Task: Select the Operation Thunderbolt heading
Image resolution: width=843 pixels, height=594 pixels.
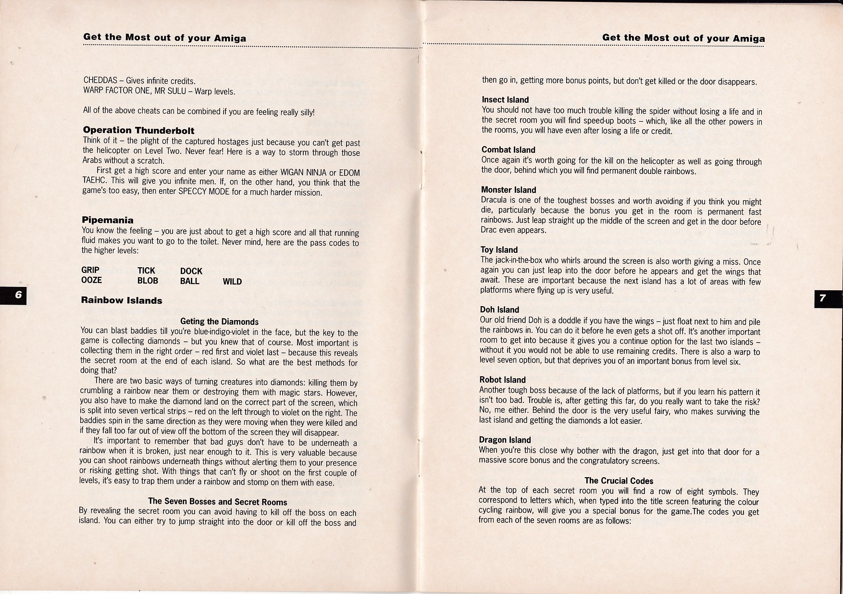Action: [138, 130]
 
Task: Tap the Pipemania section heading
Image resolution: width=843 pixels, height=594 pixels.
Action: [108, 220]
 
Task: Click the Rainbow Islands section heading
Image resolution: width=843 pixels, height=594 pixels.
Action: [122, 300]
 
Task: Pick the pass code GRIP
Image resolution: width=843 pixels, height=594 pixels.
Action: [90, 270]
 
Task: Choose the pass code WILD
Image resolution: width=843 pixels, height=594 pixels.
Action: [232, 282]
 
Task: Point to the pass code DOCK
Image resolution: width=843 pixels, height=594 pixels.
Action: [191, 271]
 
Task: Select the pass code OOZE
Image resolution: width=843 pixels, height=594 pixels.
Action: [91, 280]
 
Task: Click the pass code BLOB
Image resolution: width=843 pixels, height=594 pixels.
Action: [148, 281]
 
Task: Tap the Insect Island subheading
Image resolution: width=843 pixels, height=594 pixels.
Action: [505, 100]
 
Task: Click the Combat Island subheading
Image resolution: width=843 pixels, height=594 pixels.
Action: [508, 150]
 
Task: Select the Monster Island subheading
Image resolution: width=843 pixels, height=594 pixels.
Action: [508, 190]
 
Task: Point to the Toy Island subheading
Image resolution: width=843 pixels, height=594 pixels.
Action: [499, 250]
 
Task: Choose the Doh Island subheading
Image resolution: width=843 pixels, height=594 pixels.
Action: [499, 310]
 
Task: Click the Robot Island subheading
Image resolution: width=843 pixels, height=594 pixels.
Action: [502, 380]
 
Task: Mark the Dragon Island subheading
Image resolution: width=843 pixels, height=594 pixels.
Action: [505, 440]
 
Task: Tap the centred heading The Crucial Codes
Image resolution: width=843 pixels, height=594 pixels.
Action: [619, 481]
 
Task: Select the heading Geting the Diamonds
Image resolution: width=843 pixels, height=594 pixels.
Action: [219, 322]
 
